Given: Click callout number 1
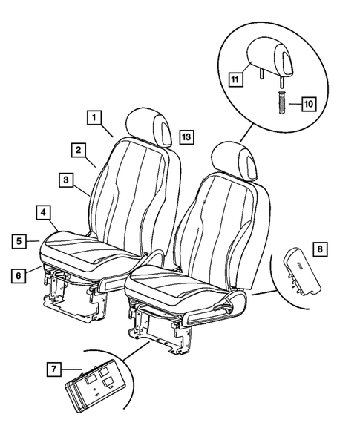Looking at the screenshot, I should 94,116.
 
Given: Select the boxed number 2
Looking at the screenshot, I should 78,149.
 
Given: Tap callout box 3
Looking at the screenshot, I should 66,180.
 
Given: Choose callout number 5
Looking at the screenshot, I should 21,240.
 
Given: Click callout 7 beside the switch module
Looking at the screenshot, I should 54,369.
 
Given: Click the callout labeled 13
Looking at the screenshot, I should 185,137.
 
